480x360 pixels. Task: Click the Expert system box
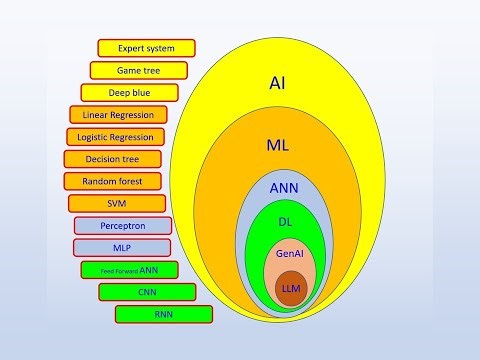(x=146, y=48)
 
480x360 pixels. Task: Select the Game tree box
(x=138, y=71)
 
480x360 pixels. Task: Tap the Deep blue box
(x=129, y=93)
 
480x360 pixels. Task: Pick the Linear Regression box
(x=116, y=115)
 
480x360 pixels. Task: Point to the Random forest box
(x=112, y=181)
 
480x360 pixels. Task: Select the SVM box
(x=117, y=203)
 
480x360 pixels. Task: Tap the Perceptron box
(x=123, y=226)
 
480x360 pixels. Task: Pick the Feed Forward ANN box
(x=129, y=270)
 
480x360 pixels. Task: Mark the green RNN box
(x=164, y=314)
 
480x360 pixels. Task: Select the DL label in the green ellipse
(x=285, y=222)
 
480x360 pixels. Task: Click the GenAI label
(x=290, y=255)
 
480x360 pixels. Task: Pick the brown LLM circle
(x=291, y=288)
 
